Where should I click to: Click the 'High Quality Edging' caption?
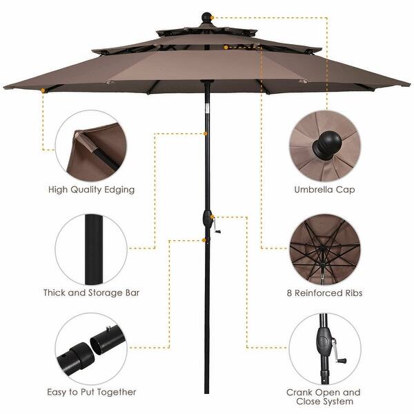[x=91, y=188]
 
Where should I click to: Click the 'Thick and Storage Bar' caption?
[x=91, y=293]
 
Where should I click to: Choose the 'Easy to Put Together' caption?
[x=92, y=392]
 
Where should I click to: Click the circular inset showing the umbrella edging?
[x=92, y=144]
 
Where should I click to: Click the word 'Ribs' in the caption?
[x=351, y=293]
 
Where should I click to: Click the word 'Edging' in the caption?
[x=118, y=188]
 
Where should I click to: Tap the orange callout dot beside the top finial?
[x=215, y=14]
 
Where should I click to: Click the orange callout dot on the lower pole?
[x=205, y=240]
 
